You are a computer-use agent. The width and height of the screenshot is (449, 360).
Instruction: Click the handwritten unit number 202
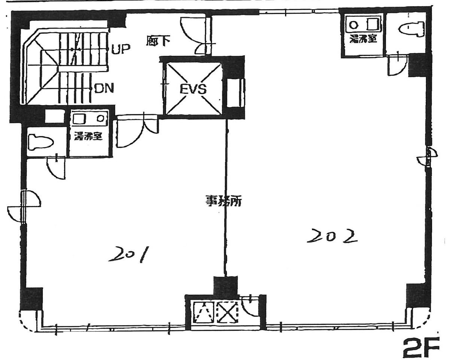coord(331,236)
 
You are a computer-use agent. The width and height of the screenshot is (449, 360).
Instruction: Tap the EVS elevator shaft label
coord(193,89)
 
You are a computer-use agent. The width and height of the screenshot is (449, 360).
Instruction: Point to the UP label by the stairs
coord(120,49)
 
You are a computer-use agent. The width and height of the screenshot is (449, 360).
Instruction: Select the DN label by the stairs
coord(104,89)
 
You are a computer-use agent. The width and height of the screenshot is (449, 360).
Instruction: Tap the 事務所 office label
coord(224,202)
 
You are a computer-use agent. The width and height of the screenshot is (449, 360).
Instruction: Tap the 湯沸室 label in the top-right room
coord(362,39)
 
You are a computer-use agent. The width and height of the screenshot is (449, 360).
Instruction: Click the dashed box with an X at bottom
coord(228,312)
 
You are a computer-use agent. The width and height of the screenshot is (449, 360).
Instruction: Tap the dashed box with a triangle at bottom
coord(203,312)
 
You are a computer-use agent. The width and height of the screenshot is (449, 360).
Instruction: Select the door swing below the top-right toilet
coord(397,65)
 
